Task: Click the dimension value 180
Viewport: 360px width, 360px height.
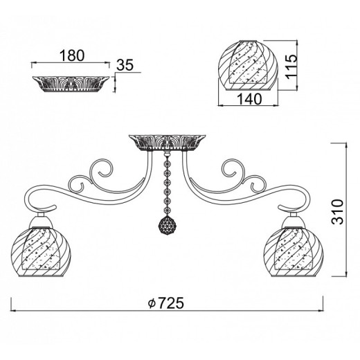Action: pos(72,56)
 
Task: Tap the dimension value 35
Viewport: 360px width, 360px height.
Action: pos(125,65)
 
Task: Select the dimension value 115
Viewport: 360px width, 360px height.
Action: pos(291,66)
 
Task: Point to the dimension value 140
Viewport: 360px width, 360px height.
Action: pos(249,99)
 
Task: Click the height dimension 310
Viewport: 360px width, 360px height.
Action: pos(337,212)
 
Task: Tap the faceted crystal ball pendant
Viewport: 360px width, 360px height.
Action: pos(167,225)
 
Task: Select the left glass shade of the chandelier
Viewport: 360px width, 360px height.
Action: pos(41,251)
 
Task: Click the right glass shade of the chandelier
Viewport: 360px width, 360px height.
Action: pos(294,251)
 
